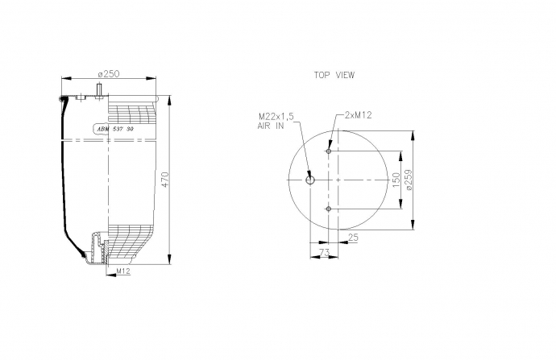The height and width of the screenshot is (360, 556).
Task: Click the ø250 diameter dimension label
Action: click(x=109, y=74)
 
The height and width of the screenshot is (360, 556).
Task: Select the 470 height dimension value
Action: click(x=166, y=180)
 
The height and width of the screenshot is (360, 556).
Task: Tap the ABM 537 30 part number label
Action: click(x=115, y=130)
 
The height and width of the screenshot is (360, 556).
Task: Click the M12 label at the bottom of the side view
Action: click(x=124, y=271)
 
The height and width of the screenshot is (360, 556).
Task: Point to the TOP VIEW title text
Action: click(x=334, y=75)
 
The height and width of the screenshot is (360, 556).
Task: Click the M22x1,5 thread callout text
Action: click(x=276, y=116)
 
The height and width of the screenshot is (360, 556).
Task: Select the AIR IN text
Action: click(x=271, y=126)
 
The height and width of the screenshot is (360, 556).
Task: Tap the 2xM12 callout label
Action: click(x=358, y=115)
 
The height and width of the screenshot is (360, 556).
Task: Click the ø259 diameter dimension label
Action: click(x=409, y=180)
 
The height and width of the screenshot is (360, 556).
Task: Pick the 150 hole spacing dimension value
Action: click(x=396, y=180)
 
